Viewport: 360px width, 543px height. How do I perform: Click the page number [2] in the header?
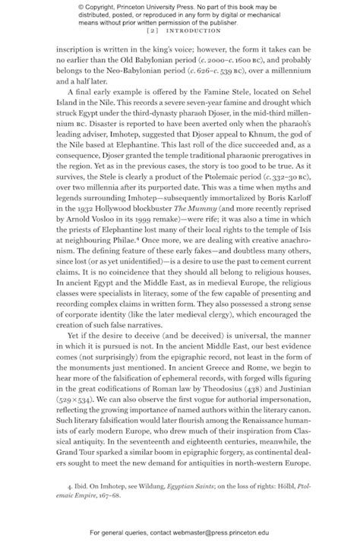[152, 33]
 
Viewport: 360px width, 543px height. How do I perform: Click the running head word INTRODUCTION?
[187, 33]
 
